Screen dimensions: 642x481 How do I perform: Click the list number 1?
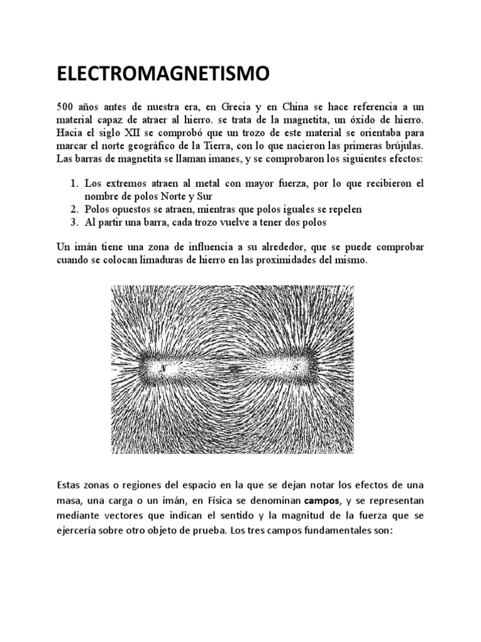(73, 184)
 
